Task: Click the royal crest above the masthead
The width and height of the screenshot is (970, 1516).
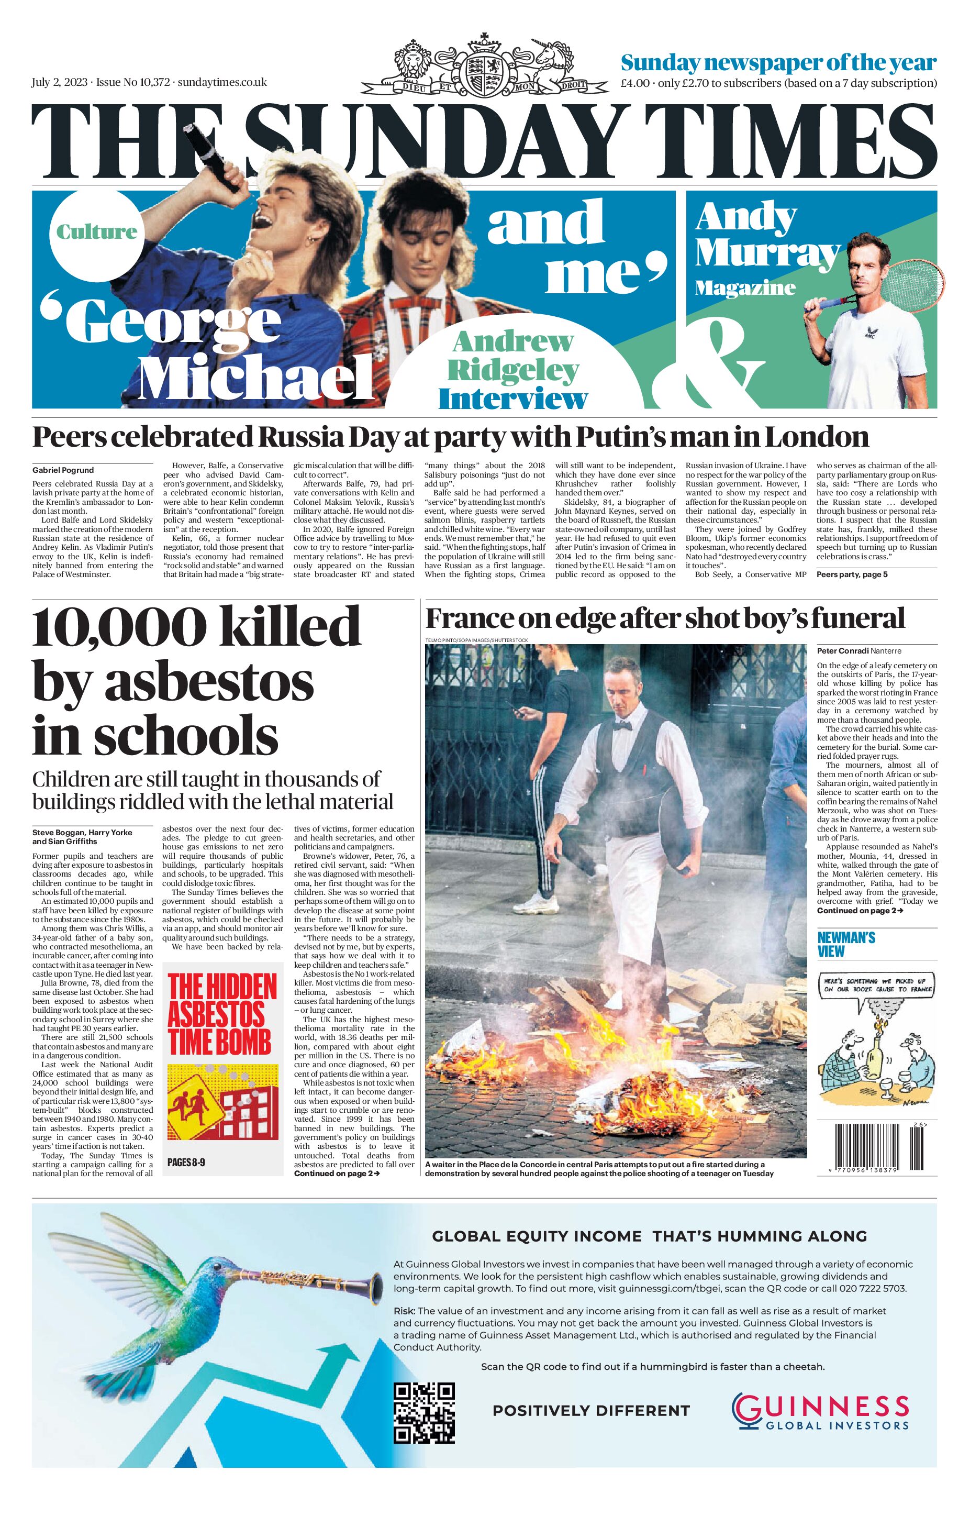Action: (483, 69)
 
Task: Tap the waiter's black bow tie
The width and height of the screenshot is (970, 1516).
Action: (622, 725)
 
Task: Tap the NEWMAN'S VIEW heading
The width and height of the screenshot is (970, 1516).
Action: (846, 945)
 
